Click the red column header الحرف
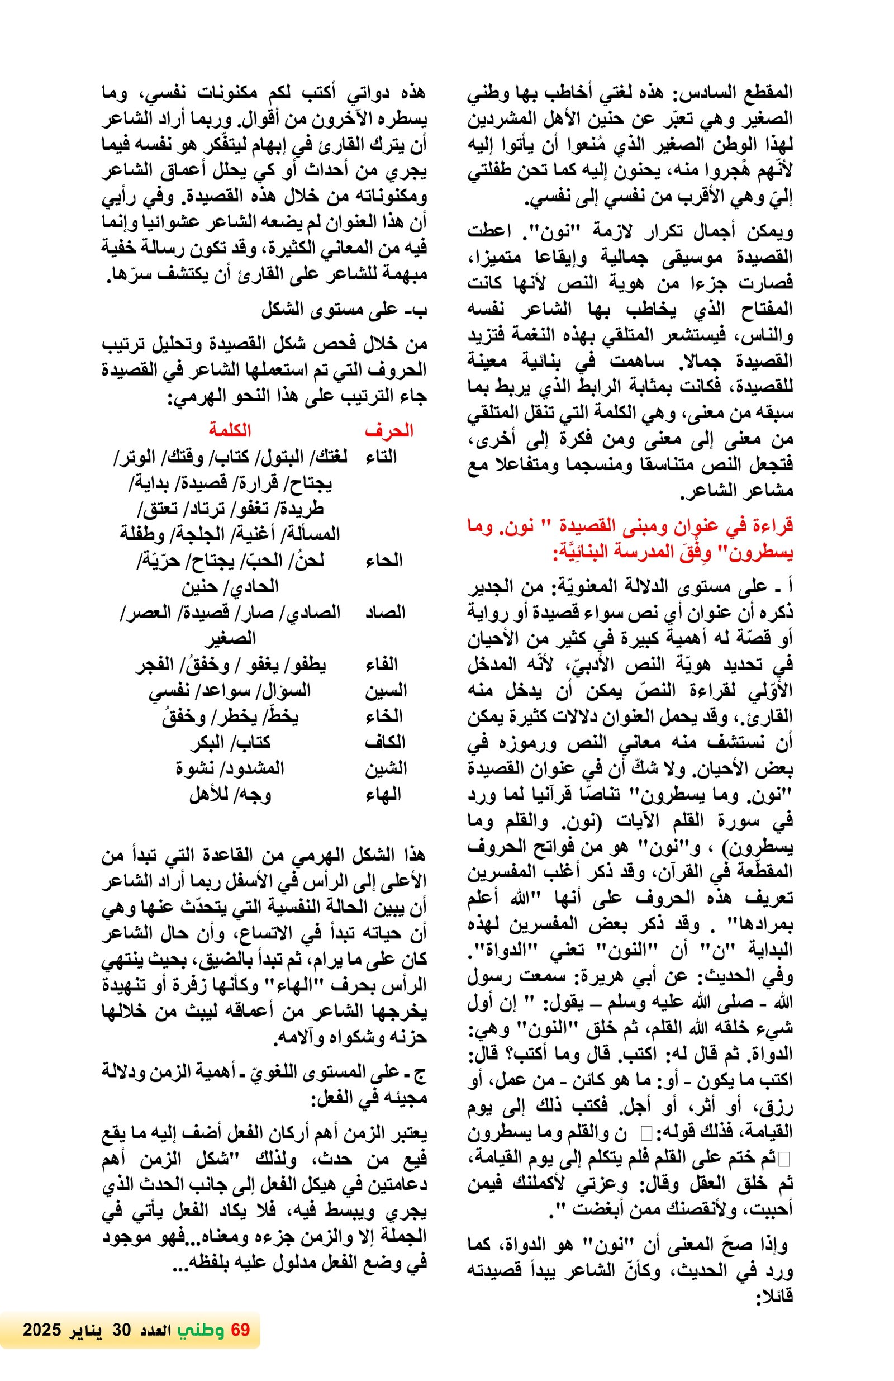pyautogui.click(x=388, y=430)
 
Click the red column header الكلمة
pyautogui.click(x=230, y=430)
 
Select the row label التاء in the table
pyautogui.click(x=381, y=457)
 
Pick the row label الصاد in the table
pyautogui.click(x=384, y=612)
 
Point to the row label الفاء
pyautogui.click(x=381, y=665)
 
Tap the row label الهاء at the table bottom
pyautogui.click(x=382, y=794)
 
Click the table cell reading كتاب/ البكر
pyautogui.click(x=230, y=742)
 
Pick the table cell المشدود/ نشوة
pyautogui.click(x=230, y=769)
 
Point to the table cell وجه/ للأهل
pyautogui.click(x=230, y=794)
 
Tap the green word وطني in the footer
pyautogui.click(x=201, y=1341)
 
